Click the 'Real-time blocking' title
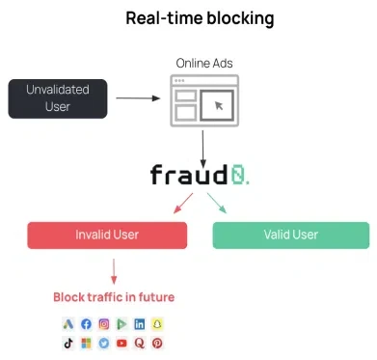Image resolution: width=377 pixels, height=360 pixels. [199, 18]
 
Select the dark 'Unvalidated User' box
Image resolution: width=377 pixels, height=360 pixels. [57, 98]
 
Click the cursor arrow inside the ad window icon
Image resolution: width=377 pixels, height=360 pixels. [219, 104]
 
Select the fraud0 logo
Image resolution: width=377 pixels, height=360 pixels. [199, 174]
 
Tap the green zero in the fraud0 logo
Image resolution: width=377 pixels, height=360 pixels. [239, 174]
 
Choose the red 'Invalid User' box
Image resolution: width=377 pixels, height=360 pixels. [107, 235]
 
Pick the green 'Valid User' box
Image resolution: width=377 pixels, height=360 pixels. [290, 235]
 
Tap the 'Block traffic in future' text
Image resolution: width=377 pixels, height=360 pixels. [114, 296]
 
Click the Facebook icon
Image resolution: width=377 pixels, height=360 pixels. [86, 324]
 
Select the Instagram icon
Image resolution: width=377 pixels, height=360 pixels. [103, 324]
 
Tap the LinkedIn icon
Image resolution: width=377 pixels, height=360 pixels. [139, 324]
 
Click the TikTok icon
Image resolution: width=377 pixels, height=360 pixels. [68, 343]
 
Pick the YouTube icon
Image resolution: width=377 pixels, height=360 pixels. [121, 343]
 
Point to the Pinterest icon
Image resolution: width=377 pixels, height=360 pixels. [156, 343]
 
